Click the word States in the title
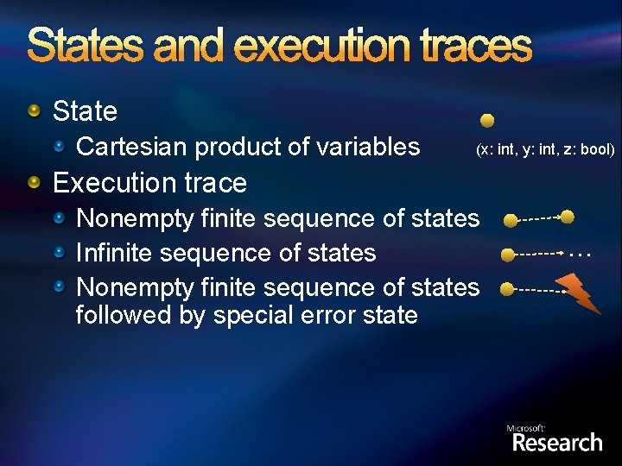(86, 45)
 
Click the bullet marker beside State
(34, 110)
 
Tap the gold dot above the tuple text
(487, 120)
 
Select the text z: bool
(586, 149)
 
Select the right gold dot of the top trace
(568, 216)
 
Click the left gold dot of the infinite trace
(508, 255)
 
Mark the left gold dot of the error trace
(507, 289)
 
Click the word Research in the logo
(557, 443)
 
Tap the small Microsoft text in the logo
(525, 428)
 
